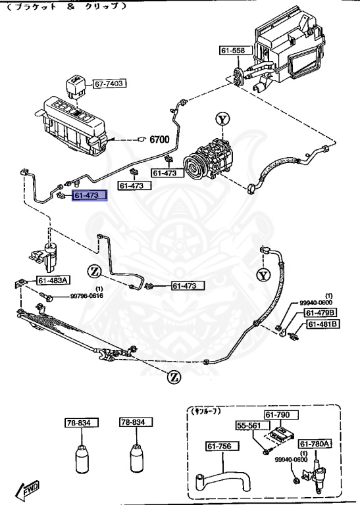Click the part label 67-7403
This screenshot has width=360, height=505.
109,84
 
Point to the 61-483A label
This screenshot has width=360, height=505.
53,281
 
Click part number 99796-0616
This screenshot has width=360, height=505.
88,297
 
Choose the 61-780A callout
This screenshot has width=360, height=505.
316,444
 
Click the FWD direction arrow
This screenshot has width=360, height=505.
30,489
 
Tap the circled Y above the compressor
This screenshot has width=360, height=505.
224,119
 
